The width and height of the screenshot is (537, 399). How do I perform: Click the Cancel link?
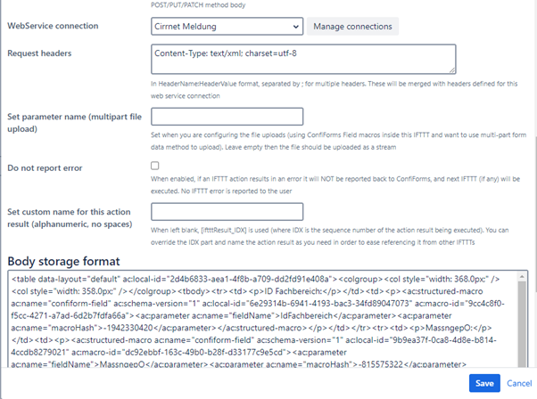tap(518, 382)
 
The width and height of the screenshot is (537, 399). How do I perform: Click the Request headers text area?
tap(303, 60)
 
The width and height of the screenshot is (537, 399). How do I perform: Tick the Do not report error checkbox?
tap(156, 166)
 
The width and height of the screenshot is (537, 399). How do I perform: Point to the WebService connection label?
tap(53, 27)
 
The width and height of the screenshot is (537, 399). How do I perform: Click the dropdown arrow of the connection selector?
tap(293, 28)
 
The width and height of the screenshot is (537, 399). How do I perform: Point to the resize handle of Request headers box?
tap(452, 69)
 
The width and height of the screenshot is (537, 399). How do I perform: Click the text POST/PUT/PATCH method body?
tap(207, 5)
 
